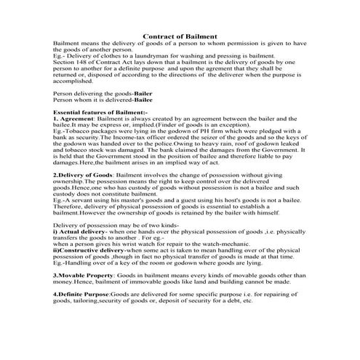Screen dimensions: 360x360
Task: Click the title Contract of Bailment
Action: pyautogui.click(x=180, y=36)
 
